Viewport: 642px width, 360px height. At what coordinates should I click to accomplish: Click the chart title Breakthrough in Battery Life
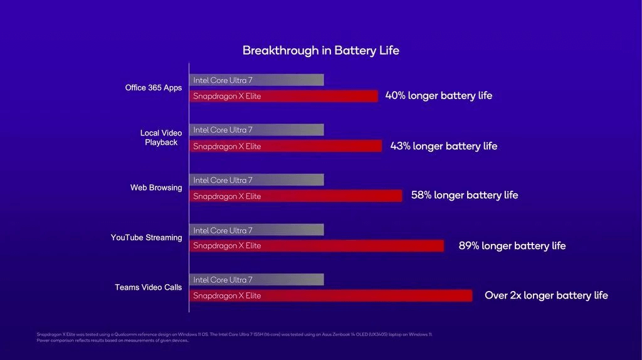coord(320,50)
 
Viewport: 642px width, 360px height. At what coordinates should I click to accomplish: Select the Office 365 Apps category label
coord(154,88)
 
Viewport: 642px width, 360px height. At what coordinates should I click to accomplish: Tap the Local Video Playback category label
coord(162,137)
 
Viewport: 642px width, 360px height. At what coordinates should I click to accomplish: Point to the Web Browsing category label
coord(156,188)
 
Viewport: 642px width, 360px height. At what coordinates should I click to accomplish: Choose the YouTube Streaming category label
coord(146,238)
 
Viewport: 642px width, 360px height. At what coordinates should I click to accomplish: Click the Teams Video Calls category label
coord(148,287)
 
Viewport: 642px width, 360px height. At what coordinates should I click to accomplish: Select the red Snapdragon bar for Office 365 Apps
coord(283,96)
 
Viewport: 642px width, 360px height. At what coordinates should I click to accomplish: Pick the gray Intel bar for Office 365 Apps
coord(256,80)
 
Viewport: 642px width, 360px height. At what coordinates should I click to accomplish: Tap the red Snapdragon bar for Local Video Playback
coord(285,146)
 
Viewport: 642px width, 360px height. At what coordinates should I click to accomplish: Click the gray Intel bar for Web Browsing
coord(256,180)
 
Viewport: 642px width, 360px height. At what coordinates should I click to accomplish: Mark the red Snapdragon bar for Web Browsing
coord(295,196)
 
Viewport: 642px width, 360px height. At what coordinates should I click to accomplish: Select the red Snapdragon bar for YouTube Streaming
coord(317,246)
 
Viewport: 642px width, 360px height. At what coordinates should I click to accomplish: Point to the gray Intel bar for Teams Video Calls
coord(256,280)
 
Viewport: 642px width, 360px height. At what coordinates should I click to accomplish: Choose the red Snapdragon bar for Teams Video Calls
coord(330,295)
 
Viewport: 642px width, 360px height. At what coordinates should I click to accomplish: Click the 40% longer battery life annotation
coord(439,96)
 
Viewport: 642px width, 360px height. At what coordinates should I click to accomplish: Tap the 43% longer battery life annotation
coord(444,146)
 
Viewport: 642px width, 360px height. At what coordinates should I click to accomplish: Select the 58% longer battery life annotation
coord(465,195)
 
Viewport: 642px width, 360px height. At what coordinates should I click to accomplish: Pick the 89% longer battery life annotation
coord(512,246)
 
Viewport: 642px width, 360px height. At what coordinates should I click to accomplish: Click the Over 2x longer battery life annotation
coord(546,295)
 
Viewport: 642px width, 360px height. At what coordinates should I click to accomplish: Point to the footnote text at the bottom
coord(234,337)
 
